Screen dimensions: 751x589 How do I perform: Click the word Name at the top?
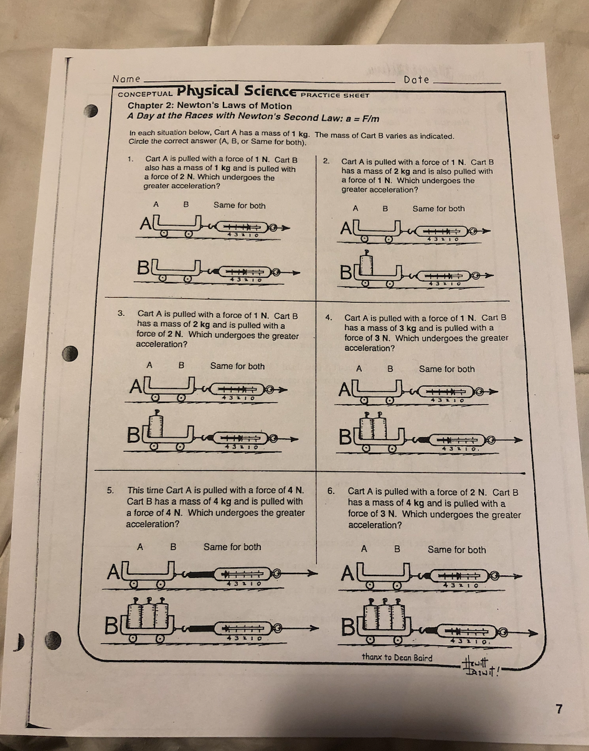pos(126,79)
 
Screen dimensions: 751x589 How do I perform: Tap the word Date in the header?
pos(416,80)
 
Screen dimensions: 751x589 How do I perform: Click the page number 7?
pos(558,708)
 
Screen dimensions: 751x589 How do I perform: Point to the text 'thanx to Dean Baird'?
pos(397,658)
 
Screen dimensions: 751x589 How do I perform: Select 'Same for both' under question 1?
pos(239,205)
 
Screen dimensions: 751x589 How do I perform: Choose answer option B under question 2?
pos(385,209)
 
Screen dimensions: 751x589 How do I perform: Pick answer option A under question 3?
pos(149,366)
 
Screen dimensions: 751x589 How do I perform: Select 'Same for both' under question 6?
pos(456,549)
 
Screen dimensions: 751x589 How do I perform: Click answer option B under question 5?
pos(174,547)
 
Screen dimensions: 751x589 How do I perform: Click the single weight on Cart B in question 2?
pos(368,263)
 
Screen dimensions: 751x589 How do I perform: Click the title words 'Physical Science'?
pos(235,91)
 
